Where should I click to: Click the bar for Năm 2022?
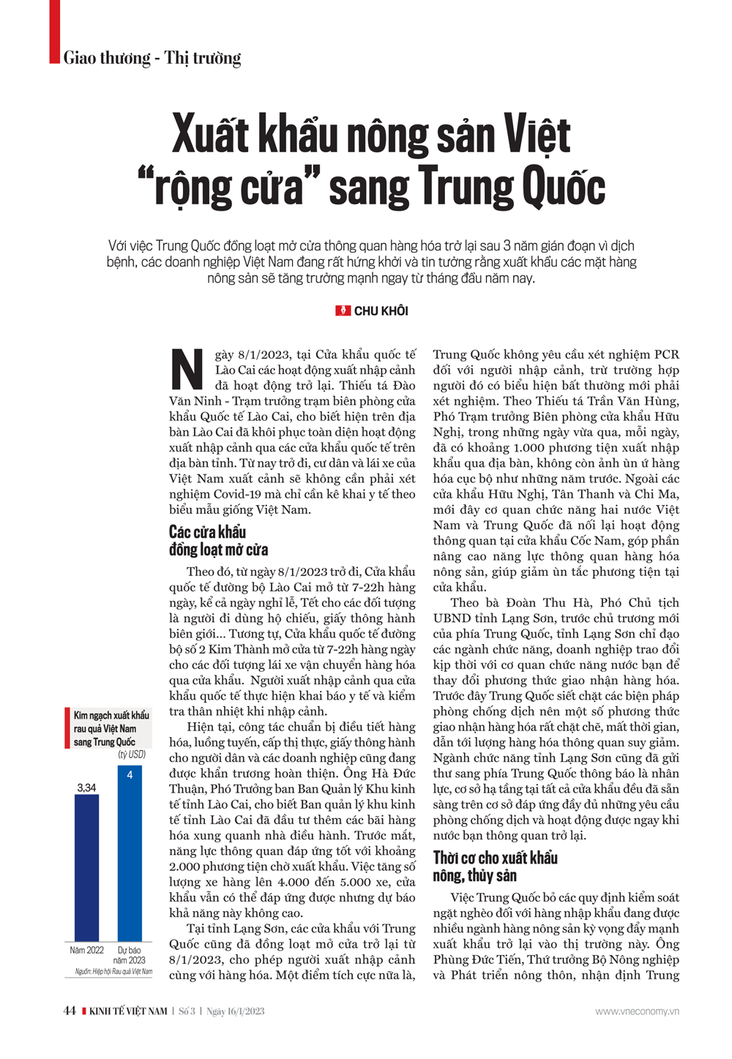click(x=86, y=867)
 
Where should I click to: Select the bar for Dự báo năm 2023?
click(x=130, y=853)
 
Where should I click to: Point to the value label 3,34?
click(x=86, y=787)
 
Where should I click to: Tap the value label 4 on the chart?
click(x=130, y=774)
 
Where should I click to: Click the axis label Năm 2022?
click(x=86, y=950)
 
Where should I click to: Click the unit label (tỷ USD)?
click(x=132, y=754)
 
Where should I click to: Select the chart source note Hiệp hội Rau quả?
click(x=113, y=972)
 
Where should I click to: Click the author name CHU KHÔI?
click(x=381, y=311)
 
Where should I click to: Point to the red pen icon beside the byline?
click(x=343, y=311)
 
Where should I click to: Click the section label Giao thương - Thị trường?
click(x=152, y=58)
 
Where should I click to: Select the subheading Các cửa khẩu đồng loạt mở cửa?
click(x=218, y=541)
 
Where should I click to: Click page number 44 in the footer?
click(x=70, y=1011)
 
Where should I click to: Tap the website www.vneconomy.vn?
click(x=637, y=1011)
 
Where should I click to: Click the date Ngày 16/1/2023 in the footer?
click(x=235, y=1011)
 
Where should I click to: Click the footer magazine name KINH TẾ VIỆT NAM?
click(x=128, y=1011)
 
